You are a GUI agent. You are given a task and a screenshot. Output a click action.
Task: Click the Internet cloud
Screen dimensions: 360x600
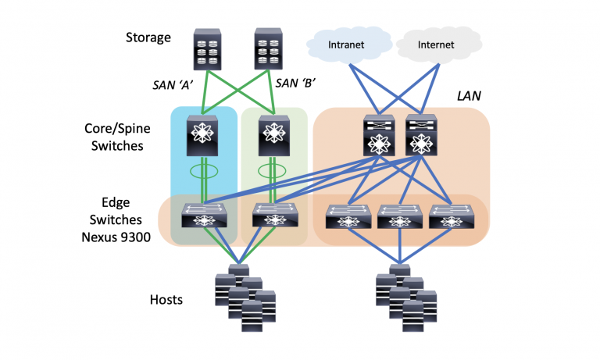435,46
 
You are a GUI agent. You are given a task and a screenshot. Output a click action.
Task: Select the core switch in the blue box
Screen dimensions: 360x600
203,135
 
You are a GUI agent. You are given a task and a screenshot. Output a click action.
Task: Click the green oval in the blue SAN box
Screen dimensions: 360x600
203,171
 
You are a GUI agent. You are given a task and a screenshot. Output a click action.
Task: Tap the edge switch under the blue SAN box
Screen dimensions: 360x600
203,216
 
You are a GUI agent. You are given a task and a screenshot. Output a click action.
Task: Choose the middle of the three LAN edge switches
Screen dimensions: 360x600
401,216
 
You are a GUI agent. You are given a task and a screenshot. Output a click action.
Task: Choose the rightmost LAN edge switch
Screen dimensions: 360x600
452,216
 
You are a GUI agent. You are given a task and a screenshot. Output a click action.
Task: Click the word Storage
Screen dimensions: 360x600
148,37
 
